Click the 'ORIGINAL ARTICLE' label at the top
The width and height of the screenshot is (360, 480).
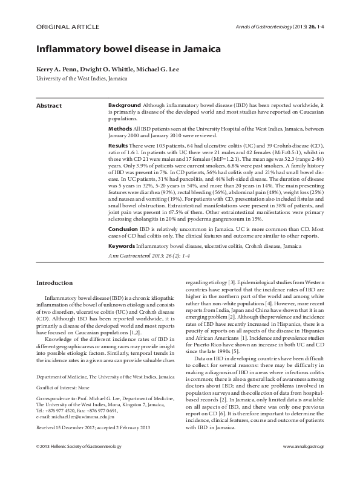click(x=61, y=26)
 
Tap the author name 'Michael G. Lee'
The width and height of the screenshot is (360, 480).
click(x=154, y=71)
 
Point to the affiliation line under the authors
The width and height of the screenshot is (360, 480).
click(x=82, y=79)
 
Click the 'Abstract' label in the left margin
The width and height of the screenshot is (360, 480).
click(x=49, y=106)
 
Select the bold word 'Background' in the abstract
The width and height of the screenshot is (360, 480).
click(x=125, y=106)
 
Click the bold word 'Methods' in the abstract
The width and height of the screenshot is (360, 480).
click(x=120, y=129)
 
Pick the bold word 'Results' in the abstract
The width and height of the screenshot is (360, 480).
click(x=117, y=147)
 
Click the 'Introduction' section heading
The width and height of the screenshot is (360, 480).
click(x=55, y=282)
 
